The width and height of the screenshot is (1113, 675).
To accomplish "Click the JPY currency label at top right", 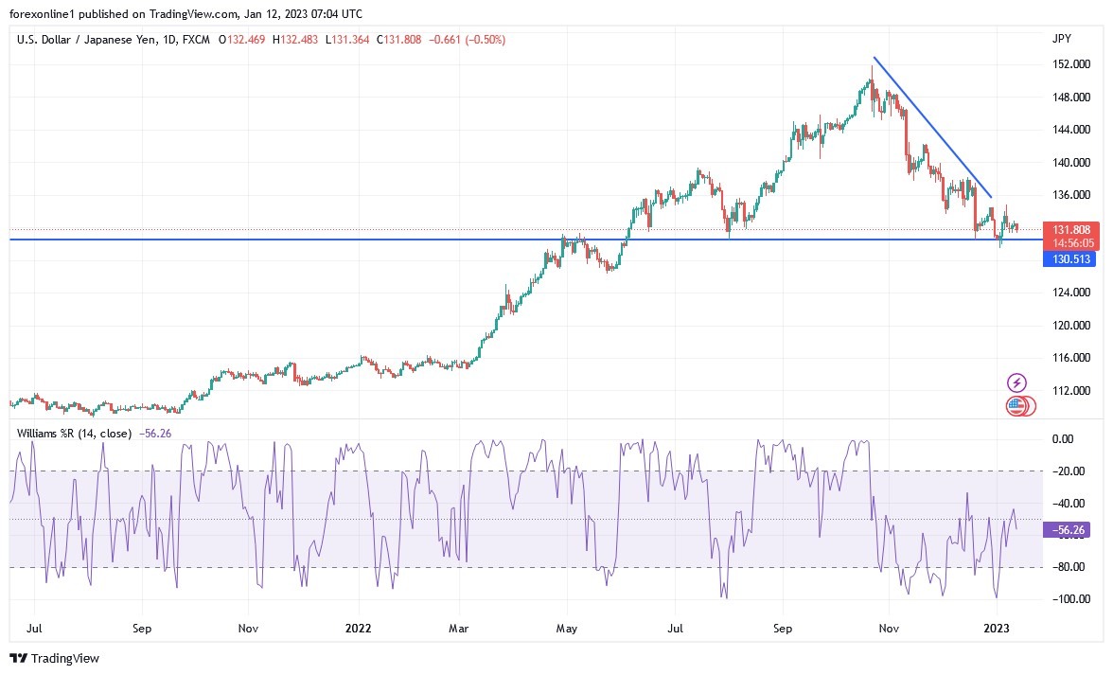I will [x=1062, y=39].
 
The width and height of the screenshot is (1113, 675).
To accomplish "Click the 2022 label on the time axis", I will [x=358, y=628].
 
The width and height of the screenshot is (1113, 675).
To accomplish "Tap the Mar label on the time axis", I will [x=458, y=628].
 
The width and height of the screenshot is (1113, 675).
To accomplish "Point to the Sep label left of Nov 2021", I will [x=142, y=628].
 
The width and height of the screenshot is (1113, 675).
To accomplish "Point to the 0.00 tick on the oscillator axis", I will [x=1063, y=439].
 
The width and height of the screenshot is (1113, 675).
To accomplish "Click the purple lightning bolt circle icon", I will [x=1016, y=382].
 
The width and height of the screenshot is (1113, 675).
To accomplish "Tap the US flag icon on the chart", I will [x=1016, y=406].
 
